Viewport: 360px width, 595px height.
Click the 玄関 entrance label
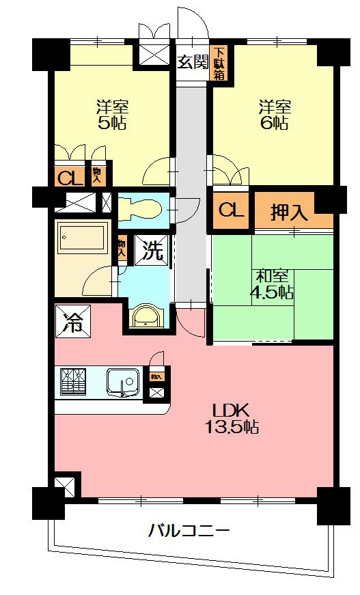click(192, 62)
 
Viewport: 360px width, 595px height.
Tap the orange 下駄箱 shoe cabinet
click(219, 63)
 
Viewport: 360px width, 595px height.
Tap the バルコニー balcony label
click(189, 530)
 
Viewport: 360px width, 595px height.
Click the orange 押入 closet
click(290, 212)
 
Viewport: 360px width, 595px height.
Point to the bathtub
click(82, 239)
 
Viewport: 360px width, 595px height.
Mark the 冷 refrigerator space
click(72, 319)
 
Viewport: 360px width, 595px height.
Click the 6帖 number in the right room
click(275, 124)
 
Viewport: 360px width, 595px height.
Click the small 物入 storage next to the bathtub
click(122, 248)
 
